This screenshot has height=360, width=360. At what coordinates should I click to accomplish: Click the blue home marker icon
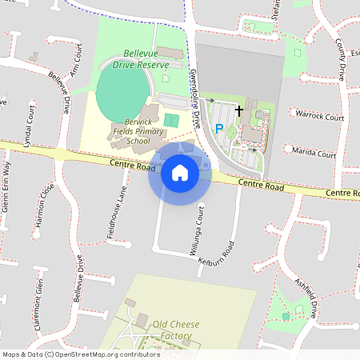click(x=180, y=172)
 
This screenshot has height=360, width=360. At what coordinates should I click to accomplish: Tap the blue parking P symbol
click(x=218, y=128)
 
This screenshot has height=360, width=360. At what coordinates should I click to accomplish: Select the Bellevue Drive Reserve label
click(x=141, y=57)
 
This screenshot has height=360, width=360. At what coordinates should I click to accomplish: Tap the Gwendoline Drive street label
click(x=194, y=89)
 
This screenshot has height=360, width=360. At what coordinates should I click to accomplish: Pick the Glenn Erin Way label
click(x=6, y=185)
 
